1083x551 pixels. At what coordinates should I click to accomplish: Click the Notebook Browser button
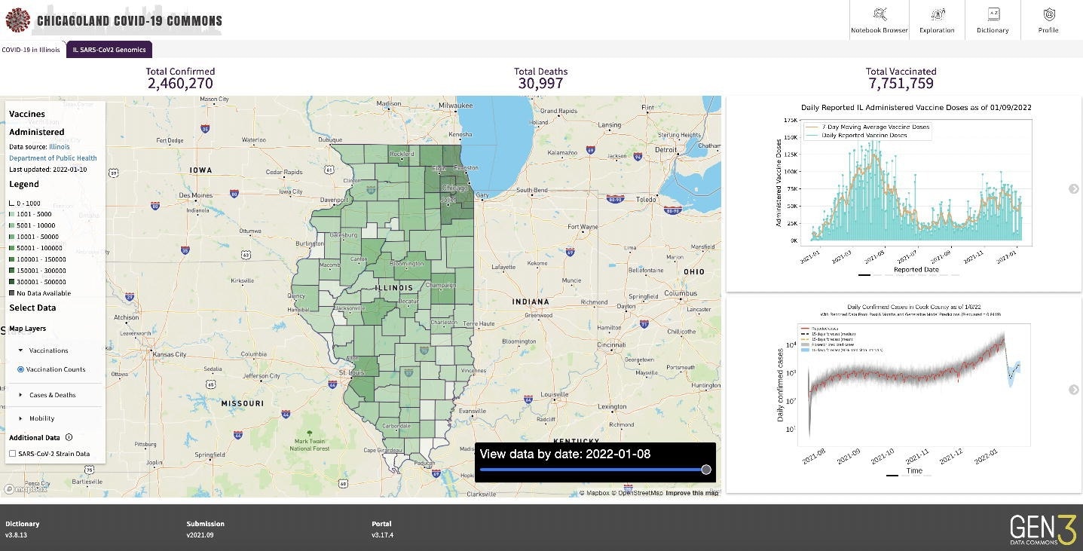click(879, 20)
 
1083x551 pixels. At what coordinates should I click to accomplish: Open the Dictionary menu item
click(993, 20)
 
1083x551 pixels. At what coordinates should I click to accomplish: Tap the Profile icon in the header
click(1048, 20)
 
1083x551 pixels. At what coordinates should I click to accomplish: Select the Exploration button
click(937, 20)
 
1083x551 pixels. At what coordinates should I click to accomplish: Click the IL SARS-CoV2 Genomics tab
click(109, 50)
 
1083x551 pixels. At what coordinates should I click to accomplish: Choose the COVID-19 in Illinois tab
click(31, 50)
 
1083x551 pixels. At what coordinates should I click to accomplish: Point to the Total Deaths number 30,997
click(540, 84)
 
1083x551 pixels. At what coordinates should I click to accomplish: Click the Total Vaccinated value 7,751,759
click(901, 84)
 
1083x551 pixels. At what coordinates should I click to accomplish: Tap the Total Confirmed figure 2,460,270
click(180, 84)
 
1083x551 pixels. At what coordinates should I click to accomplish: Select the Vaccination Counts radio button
click(21, 369)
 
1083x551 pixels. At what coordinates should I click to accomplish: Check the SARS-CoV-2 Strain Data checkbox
click(13, 454)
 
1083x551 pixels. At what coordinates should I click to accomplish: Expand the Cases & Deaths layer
click(52, 395)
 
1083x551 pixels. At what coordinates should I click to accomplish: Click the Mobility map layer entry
click(41, 418)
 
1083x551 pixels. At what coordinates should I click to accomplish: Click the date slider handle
click(706, 470)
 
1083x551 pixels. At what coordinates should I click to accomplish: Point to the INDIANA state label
click(531, 302)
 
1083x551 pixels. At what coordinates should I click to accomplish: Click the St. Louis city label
click(352, 372)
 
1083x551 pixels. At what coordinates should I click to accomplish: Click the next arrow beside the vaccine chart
click(1074, 188)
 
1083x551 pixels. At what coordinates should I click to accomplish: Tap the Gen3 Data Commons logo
click(1043, 529)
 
